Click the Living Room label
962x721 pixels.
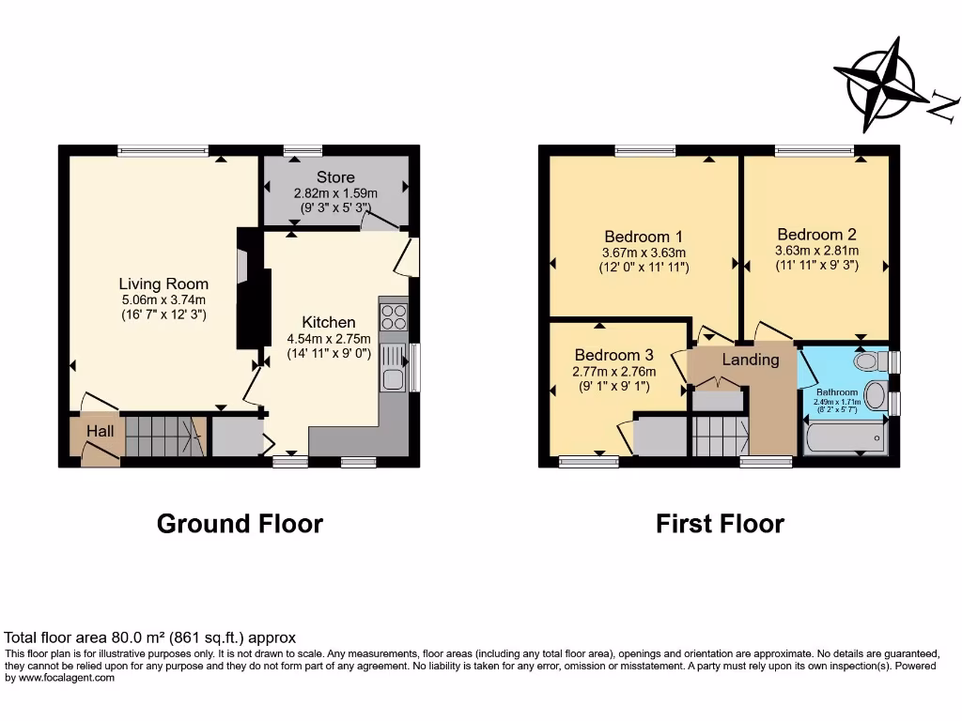pyautogui.click(x=163, y=284)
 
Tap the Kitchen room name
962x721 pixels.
pyautogui.click(x=329, y=322)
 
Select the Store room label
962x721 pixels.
pyautogui.click(x=335, y=176)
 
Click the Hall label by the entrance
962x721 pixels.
pyautogui.click(x=101, y=430)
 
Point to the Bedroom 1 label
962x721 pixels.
pyautogui.click(x=644, y=237)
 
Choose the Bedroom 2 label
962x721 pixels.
pyautogui.click(x=816, y=235)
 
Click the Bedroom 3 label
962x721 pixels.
pyautogui.click(x=613, y=355)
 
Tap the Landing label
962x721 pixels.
pyautogui.click(x=750, y=360)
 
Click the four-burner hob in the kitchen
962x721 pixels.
pyautogui.click(x=394, y=317)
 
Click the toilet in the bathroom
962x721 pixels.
pyautogui.click(x=870, y=360)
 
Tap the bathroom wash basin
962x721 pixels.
pyautogui.click(x=875, y=395)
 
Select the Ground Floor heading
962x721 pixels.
pyautogui.click(x=240, y=523)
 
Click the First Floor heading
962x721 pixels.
pyautogui.click(x=720, y=523)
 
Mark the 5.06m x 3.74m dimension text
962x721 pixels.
pyautogui.click(x=163, y=299)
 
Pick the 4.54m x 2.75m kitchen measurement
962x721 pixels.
pyautogui.click(x=329, y=339)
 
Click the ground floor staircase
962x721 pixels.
pyautogui.click(x=164, y=435)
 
